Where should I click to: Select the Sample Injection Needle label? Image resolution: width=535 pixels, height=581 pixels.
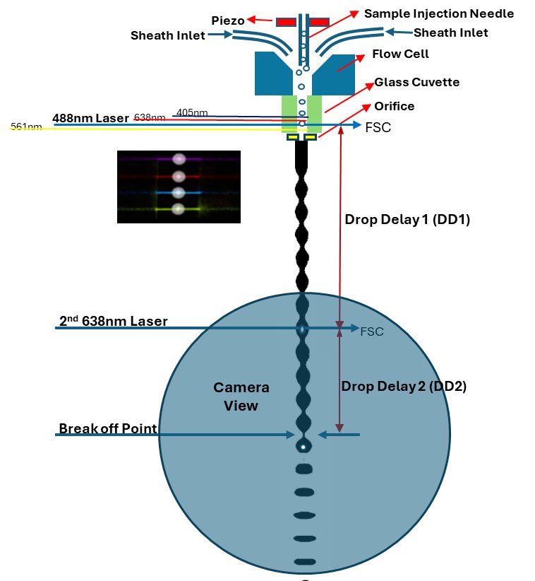pos(438,13)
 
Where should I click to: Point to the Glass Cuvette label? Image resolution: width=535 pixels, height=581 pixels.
pos(416,82)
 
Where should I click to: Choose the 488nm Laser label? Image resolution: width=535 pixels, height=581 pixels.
pos(91,117)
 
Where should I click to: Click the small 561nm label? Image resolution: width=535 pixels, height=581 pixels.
pos(25,127)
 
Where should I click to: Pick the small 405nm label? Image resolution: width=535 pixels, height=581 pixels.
pos(192,112)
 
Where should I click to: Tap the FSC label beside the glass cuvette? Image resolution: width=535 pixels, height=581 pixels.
pos(378,128)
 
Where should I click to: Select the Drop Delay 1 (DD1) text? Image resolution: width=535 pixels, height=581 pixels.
pos(407,219)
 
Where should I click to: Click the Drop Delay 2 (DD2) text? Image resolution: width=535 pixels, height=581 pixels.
pos(404,387)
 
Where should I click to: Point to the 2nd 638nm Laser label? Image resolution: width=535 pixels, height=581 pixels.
pos(113,322)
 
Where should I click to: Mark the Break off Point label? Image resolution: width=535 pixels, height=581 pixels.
pos(107,429)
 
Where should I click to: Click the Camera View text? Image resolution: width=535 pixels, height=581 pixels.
pos(241,397)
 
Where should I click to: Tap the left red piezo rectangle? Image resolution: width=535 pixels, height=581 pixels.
pos(286,21)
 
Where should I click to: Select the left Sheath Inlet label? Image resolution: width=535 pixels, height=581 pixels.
pos(169,35)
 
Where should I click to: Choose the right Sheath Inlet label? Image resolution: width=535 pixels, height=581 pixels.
pos(450,33)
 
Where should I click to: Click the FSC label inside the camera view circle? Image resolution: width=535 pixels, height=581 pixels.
pos(372,331)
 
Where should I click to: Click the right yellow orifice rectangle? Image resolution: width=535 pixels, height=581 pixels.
pos(310,137)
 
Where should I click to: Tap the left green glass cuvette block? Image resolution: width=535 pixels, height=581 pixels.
pos(289,113)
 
